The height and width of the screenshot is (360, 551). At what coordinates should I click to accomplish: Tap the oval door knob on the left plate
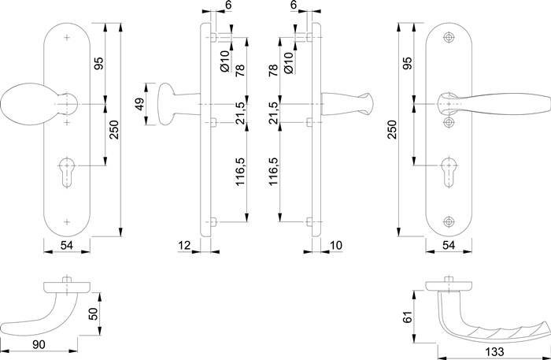tap(24, 105)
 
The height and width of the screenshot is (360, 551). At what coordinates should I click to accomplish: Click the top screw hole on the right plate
tap(449, 37)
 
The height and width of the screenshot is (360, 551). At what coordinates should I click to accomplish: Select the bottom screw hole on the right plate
tap(449, 221)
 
